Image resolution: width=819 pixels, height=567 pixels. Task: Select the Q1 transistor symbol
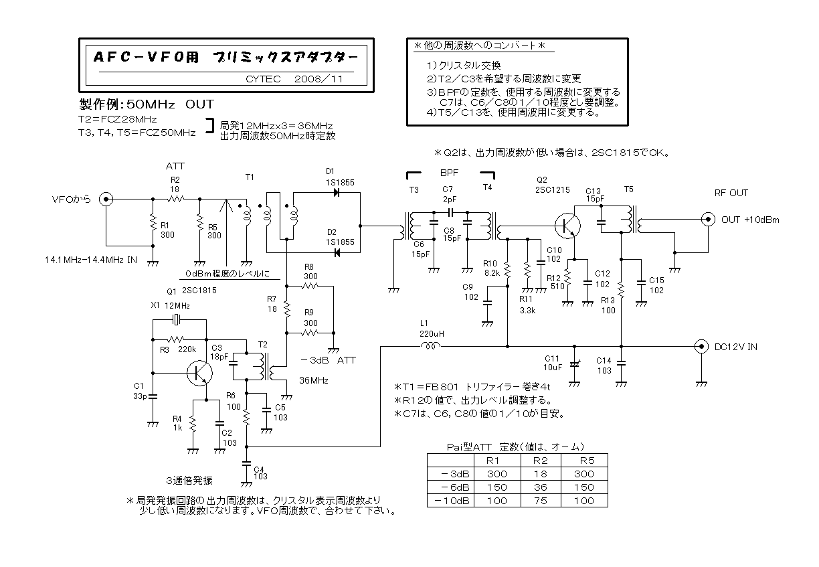[x=199, y=372]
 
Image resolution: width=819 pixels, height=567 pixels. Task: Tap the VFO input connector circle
[x=106, y=199]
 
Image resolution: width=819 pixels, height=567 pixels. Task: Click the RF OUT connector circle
[x=705, y=219]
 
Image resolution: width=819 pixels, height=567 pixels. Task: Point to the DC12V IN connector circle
[x=701, y=346]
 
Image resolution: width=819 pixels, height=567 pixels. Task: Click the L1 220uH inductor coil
[x=430, y=345]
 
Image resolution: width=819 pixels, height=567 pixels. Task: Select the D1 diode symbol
[x=337, y=193]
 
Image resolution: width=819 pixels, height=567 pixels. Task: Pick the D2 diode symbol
[x=337, y=252]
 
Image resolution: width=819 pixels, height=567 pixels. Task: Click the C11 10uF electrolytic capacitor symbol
[x=573, y=366]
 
